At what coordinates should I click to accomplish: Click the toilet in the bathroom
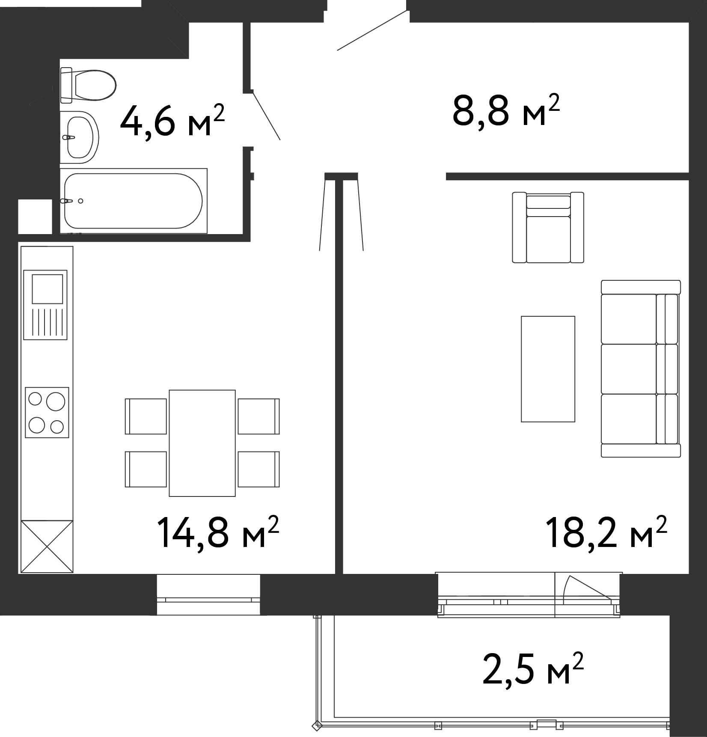tap(88, 85)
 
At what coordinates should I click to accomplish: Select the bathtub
tap(134, 201)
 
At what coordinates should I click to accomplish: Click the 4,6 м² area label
tap(172, 120)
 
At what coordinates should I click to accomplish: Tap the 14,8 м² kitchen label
tap(218, 532)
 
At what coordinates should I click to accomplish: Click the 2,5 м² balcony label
tap(533, 669)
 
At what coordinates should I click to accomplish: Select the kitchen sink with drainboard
tap(45, 305)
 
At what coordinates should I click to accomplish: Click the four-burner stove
tap(47, 412)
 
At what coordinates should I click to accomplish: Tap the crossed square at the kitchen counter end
tap(47, 547)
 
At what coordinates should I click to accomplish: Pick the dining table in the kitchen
tap(202, 443)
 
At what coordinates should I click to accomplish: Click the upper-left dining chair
tap(146, 416)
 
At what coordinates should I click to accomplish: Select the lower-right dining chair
tap(259, 469)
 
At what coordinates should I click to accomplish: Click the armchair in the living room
tap(548, 227)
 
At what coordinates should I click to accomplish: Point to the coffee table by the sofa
tap(548, 369)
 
